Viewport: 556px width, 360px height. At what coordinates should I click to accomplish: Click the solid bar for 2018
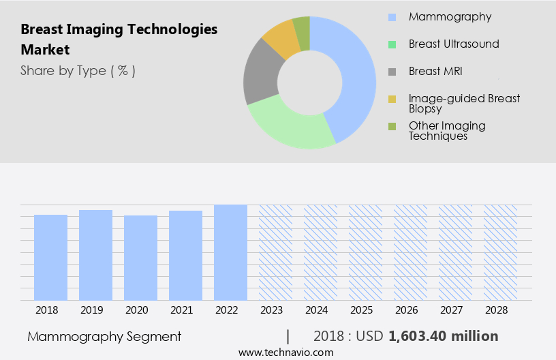pos(50,257)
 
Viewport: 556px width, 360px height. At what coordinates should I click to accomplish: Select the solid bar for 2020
pos(140,258)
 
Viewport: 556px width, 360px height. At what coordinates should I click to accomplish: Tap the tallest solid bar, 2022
pos(230,252)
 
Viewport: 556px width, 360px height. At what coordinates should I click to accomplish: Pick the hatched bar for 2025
pos(365,252)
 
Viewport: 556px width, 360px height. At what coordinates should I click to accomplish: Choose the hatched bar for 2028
pos(500,252)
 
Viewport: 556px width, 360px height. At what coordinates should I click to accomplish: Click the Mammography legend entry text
pos(450,17)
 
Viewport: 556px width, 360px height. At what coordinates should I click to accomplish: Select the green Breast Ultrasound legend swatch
pos(392,44)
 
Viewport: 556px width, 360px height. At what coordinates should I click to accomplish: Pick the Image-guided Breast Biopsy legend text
pos(464,104)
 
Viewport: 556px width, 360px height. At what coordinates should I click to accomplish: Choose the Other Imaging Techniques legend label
pos(447,130)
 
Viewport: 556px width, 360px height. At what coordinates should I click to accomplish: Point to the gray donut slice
pos(260,75)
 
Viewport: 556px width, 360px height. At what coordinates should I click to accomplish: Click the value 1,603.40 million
pos(443,336)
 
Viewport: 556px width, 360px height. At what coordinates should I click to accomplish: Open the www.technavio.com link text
pos(285,352)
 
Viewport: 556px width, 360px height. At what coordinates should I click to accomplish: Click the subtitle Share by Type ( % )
pos(78,71)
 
